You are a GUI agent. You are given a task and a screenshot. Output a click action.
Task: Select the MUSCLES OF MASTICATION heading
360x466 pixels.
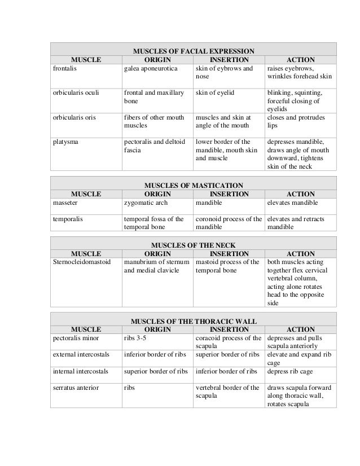tap(194, 184)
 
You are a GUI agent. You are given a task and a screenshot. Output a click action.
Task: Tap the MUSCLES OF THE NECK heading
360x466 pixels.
tap(194, 245)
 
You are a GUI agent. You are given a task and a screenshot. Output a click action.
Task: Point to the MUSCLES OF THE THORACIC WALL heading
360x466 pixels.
tap(194, 321)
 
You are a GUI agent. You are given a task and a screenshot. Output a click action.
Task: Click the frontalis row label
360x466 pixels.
tap(64, 68)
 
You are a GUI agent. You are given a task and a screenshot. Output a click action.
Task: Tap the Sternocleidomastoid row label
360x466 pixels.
tap(82, 262)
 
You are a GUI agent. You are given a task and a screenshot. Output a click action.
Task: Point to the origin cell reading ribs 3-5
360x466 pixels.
tap(135, 338)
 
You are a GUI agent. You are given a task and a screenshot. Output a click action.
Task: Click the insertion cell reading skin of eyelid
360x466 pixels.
tap(215, 93)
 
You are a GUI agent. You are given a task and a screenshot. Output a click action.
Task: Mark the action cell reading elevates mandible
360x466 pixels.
tap(292, 203)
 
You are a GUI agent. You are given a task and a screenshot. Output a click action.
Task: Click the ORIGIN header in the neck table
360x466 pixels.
tap(157, 253)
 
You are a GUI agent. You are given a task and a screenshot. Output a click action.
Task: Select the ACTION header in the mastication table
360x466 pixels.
tap(301, 194)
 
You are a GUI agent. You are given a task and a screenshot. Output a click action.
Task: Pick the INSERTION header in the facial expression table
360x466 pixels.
tap(229, 59)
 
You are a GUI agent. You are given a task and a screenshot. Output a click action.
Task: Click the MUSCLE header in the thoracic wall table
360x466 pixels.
tap(86, 329)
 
